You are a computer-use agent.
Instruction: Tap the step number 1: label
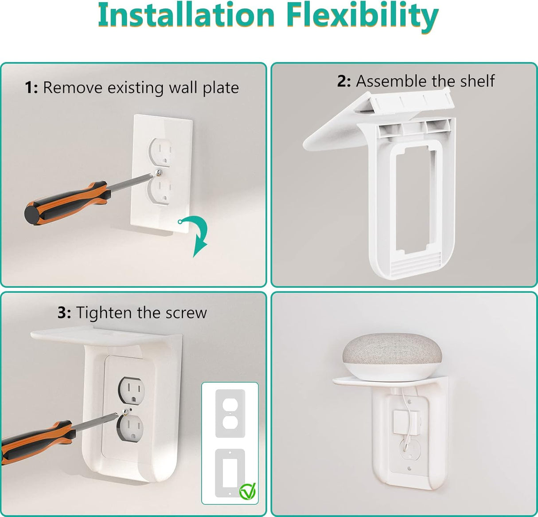coord(31,88)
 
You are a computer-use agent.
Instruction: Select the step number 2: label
coord(344,81)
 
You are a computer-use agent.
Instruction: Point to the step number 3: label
coord(64,313)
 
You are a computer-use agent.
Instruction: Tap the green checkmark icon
coord(247,491)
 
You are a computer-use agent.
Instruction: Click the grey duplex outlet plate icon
coord(230,413)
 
